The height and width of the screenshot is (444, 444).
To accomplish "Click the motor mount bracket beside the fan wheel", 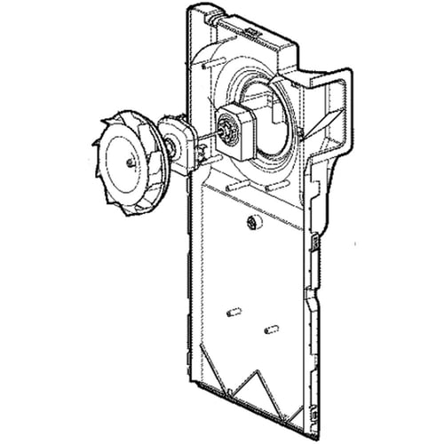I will pos(177,142).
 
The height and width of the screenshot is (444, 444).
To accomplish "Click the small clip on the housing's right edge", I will pos(315,242).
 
